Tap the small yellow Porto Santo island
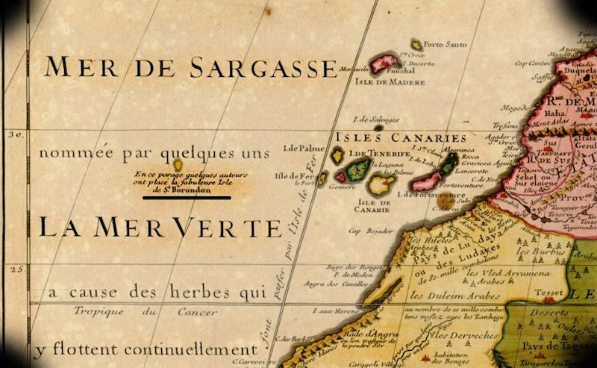(x=417, y=46)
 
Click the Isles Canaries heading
(x=401, y=137)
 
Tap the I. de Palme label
(x=298, y=149)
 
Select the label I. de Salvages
(x=376, y=119)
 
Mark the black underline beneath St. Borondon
(x=187, y=199)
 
